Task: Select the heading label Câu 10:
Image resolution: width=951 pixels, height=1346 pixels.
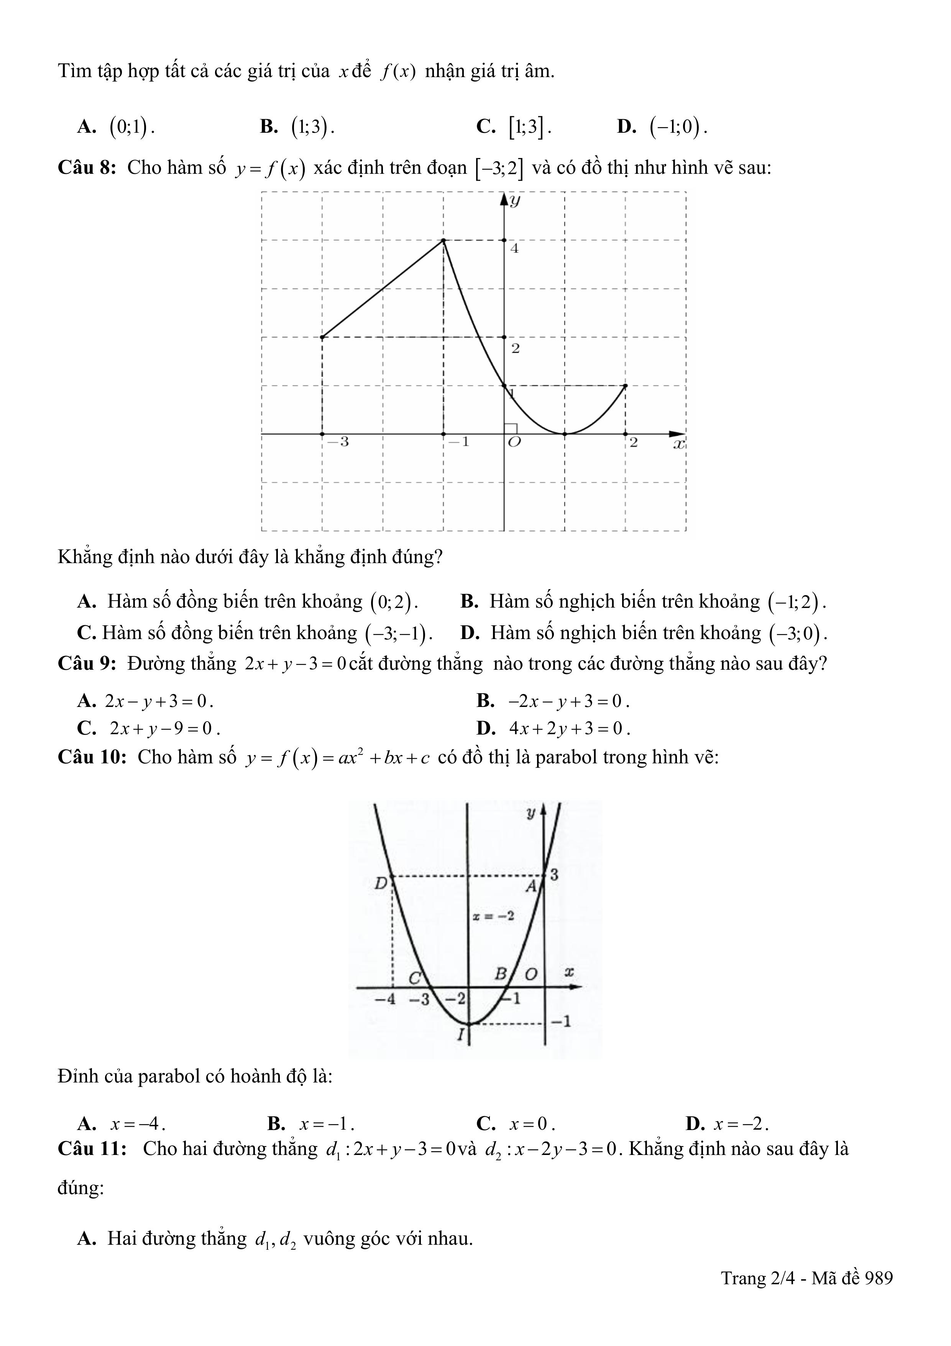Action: (92, 758)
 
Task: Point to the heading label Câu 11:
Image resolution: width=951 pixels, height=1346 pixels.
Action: (92, 1148)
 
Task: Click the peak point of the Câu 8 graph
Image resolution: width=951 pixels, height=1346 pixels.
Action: (443, 241)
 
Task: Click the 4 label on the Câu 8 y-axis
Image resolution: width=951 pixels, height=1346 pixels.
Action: (514, 248)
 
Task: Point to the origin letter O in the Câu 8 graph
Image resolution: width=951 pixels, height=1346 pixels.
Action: (514, 443)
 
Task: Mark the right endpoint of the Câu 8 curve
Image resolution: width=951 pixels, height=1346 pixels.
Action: (626, 386)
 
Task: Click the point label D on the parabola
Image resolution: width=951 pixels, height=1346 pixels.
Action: (381, 883)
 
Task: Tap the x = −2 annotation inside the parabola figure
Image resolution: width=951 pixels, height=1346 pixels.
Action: (493, 916)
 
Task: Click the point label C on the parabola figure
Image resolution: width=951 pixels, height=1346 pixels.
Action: (415, 978)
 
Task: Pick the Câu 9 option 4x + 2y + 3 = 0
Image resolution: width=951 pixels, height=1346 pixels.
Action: (569, 729)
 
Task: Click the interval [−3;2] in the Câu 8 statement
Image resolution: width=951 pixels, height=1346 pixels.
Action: (499, 169)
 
